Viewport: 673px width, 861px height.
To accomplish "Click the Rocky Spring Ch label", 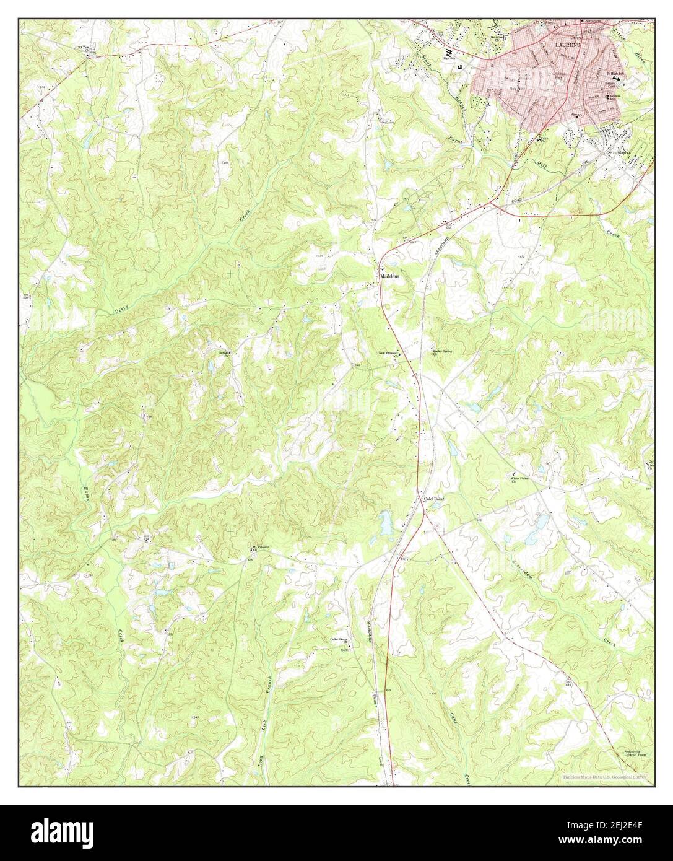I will pyautogui.click(x=442, y=352).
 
